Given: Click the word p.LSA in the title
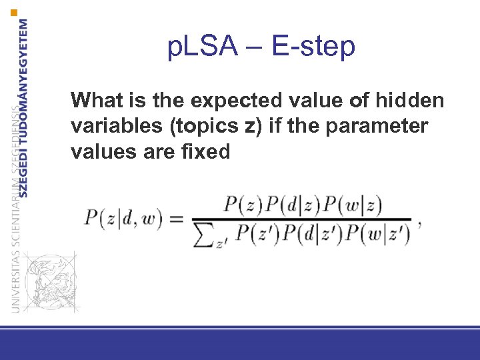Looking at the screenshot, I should (204, 47).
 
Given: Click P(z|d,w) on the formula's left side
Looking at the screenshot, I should (123, 219).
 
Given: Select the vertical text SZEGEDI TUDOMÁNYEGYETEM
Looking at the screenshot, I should (24, 107).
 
